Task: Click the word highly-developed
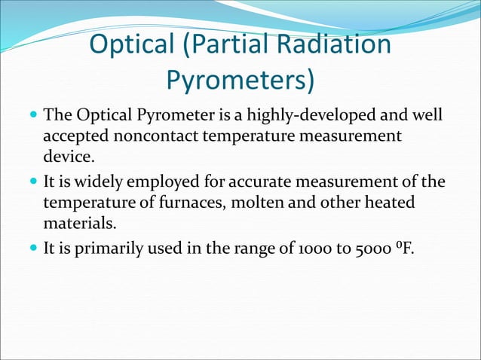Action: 301,117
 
